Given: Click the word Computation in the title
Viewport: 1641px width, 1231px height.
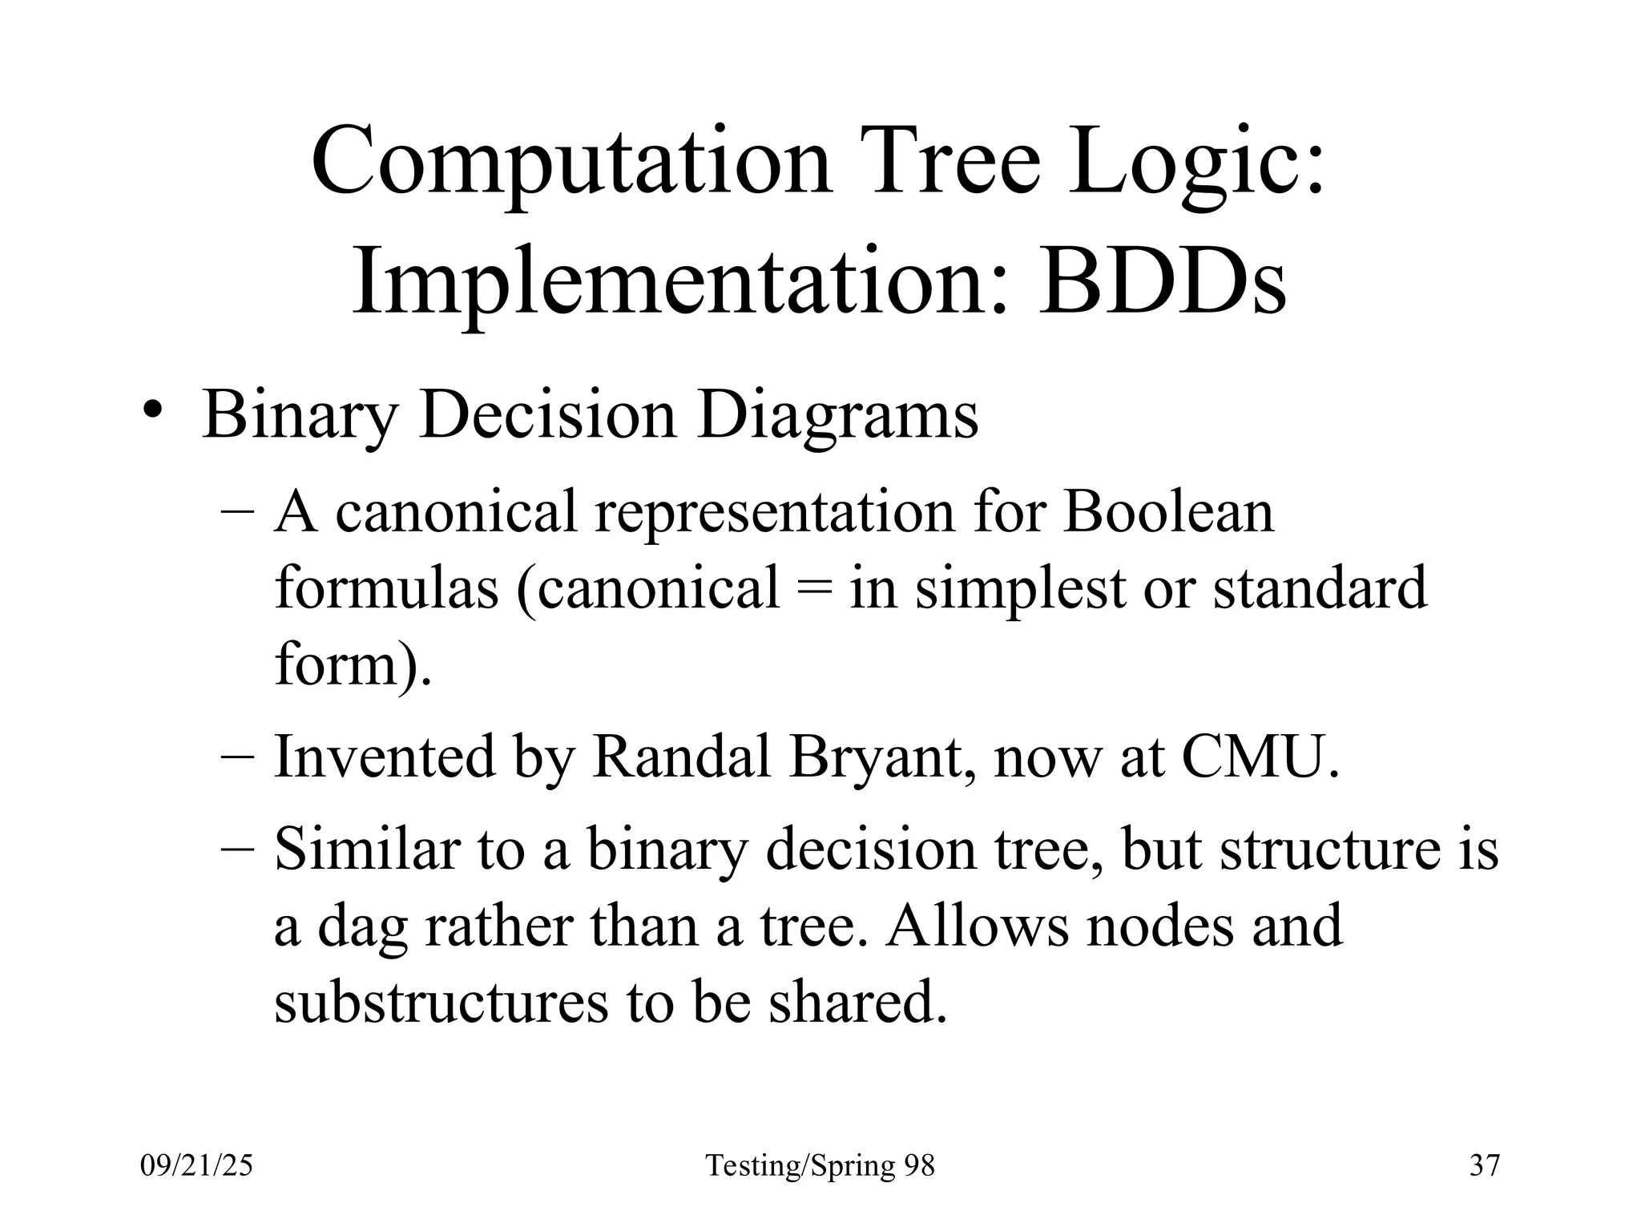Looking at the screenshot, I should pos(572,163).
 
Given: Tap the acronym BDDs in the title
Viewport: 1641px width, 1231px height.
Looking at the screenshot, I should pos(1163,285).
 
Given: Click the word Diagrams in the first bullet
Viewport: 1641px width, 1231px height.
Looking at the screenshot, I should pos(837,415).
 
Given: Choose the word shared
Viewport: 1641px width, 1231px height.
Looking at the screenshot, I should pos(857,1002).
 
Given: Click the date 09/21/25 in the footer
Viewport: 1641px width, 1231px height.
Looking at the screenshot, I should pos(196,1164).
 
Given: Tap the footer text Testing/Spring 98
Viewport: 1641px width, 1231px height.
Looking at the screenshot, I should pos(820,1164).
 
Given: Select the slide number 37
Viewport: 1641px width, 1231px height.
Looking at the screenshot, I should pos(1484,1164).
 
